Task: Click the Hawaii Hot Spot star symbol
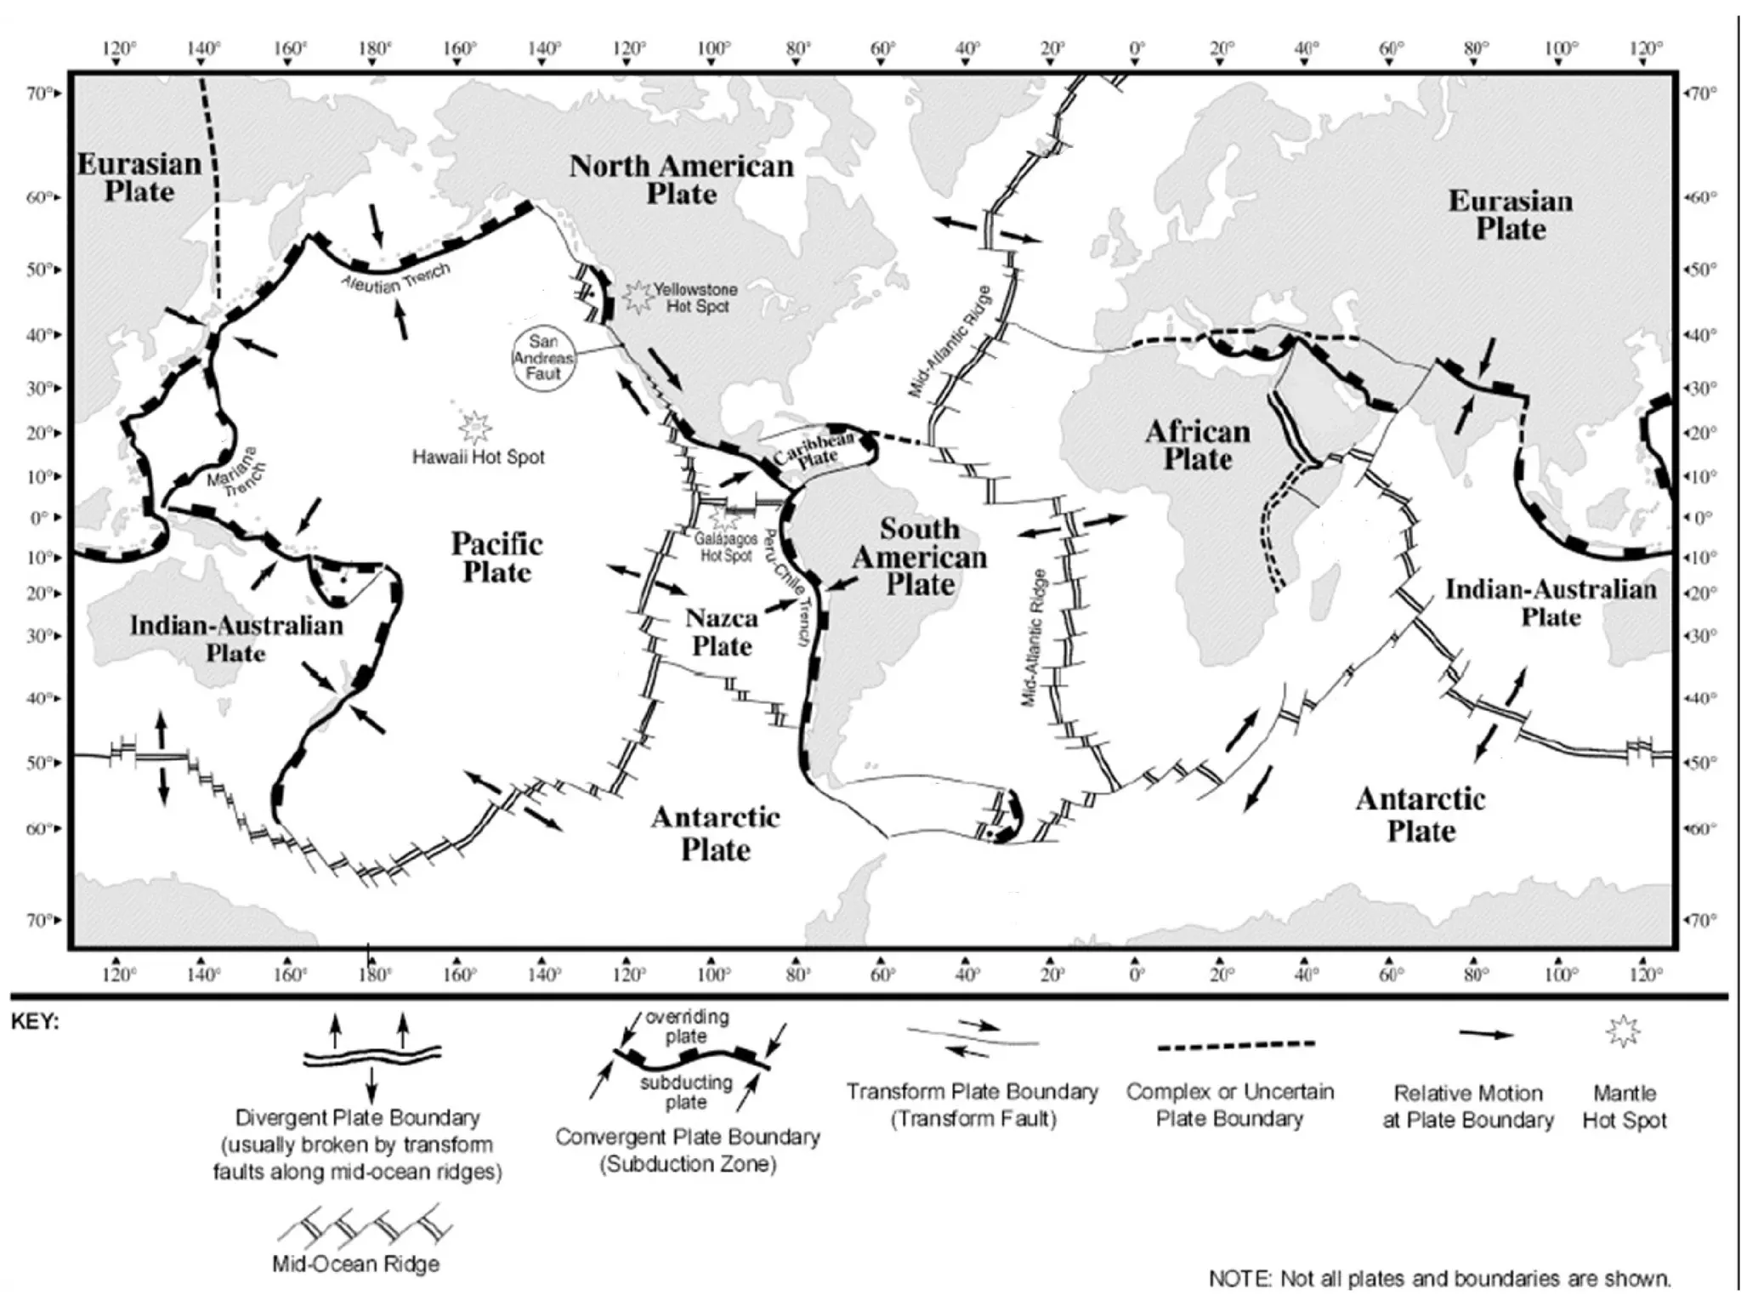click(474, 425)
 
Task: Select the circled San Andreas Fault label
click(544, 358)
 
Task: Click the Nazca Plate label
click(722, 632)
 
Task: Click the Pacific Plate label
click(496, 557)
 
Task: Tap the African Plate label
click(1197, 445)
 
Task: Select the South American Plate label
click(920, 557)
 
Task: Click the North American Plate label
click(681, 179)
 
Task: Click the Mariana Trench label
click(236, 468)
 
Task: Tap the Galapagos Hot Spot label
click(726, 547)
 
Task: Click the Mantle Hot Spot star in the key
click(1623, 1032)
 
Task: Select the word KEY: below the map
click(35, 1022)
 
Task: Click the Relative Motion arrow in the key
click(1486, 1035)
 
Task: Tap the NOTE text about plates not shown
click(1439, 1278)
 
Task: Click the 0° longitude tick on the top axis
click(1137, 48)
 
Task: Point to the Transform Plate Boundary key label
click(973, 1104)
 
